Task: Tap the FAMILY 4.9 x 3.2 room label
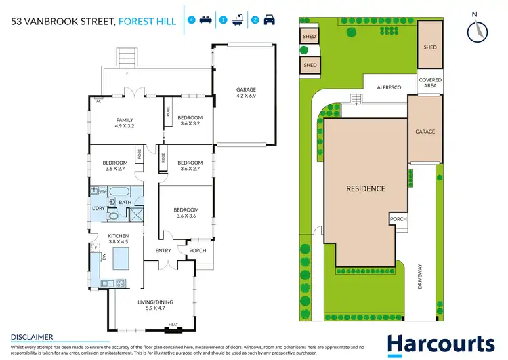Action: tap(124, 123)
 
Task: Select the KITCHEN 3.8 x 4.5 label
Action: tap(119, 239)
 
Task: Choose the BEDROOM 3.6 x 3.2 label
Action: tap(190, 121)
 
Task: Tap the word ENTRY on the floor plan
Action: tap(163, 251)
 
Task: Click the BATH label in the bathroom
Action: tap(125, 202)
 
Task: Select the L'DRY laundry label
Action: tap(99, 207)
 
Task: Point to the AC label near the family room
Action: tap(98, 101)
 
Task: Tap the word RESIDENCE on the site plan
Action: tap(366, 188)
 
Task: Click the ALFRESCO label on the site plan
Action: tap(389, 87)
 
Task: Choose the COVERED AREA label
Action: tap(430, 83)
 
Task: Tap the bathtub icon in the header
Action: tap(238, 20)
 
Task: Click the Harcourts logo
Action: tap(440, 344)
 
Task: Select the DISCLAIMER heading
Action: tap(32, 336)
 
